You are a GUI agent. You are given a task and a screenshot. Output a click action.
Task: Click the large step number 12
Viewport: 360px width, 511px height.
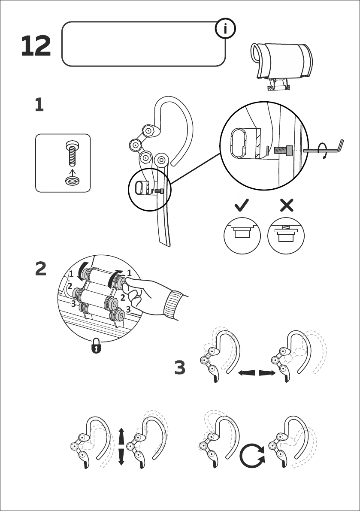[x=36, y=46]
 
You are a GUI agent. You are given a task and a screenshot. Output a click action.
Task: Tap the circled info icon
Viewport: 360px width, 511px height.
[x=226, y=29]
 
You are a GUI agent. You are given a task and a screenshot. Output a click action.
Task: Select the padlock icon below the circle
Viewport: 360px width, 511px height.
[x=97, y=347]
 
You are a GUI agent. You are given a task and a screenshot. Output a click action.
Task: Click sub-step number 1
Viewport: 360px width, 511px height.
[x=39, y=106]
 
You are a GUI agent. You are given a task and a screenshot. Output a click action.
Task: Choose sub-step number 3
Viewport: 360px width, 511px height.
[x=180, y=368]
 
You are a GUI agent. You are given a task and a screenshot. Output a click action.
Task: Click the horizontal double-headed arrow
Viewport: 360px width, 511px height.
[x=257, y=373]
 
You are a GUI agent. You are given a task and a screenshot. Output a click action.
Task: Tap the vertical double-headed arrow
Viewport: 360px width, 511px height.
[x=121, y=446]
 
